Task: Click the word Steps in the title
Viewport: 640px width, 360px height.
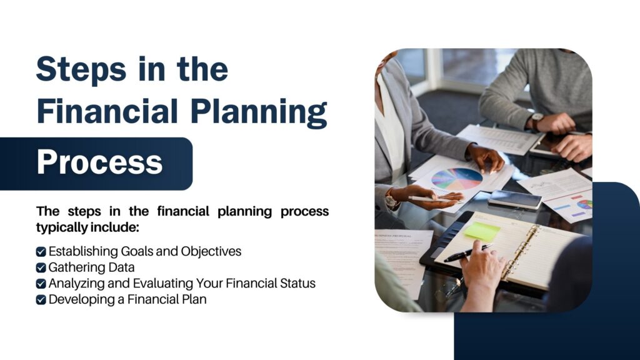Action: tap(81, 70)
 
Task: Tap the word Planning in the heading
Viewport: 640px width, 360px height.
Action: tap(259, 112)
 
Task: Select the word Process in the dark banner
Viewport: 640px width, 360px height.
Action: tap(100, 162)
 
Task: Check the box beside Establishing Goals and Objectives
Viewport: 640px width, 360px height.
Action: tap(41, 252)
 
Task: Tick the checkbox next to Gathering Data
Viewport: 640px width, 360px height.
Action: tap(41, 267)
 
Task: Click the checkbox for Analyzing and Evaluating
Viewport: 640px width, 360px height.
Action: tap(41, 284)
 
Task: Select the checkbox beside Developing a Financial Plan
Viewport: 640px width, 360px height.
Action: tap(41, 300)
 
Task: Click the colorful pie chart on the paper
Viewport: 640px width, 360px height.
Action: tap(457, 179)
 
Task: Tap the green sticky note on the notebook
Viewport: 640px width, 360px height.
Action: tap(482, 231)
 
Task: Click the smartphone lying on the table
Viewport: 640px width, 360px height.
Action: tap(515, 199)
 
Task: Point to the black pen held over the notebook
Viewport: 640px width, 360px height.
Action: tap(467, 253)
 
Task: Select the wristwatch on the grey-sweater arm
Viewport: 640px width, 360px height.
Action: tap(536, 121)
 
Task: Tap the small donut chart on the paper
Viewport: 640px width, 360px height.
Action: tap(584, 204)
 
